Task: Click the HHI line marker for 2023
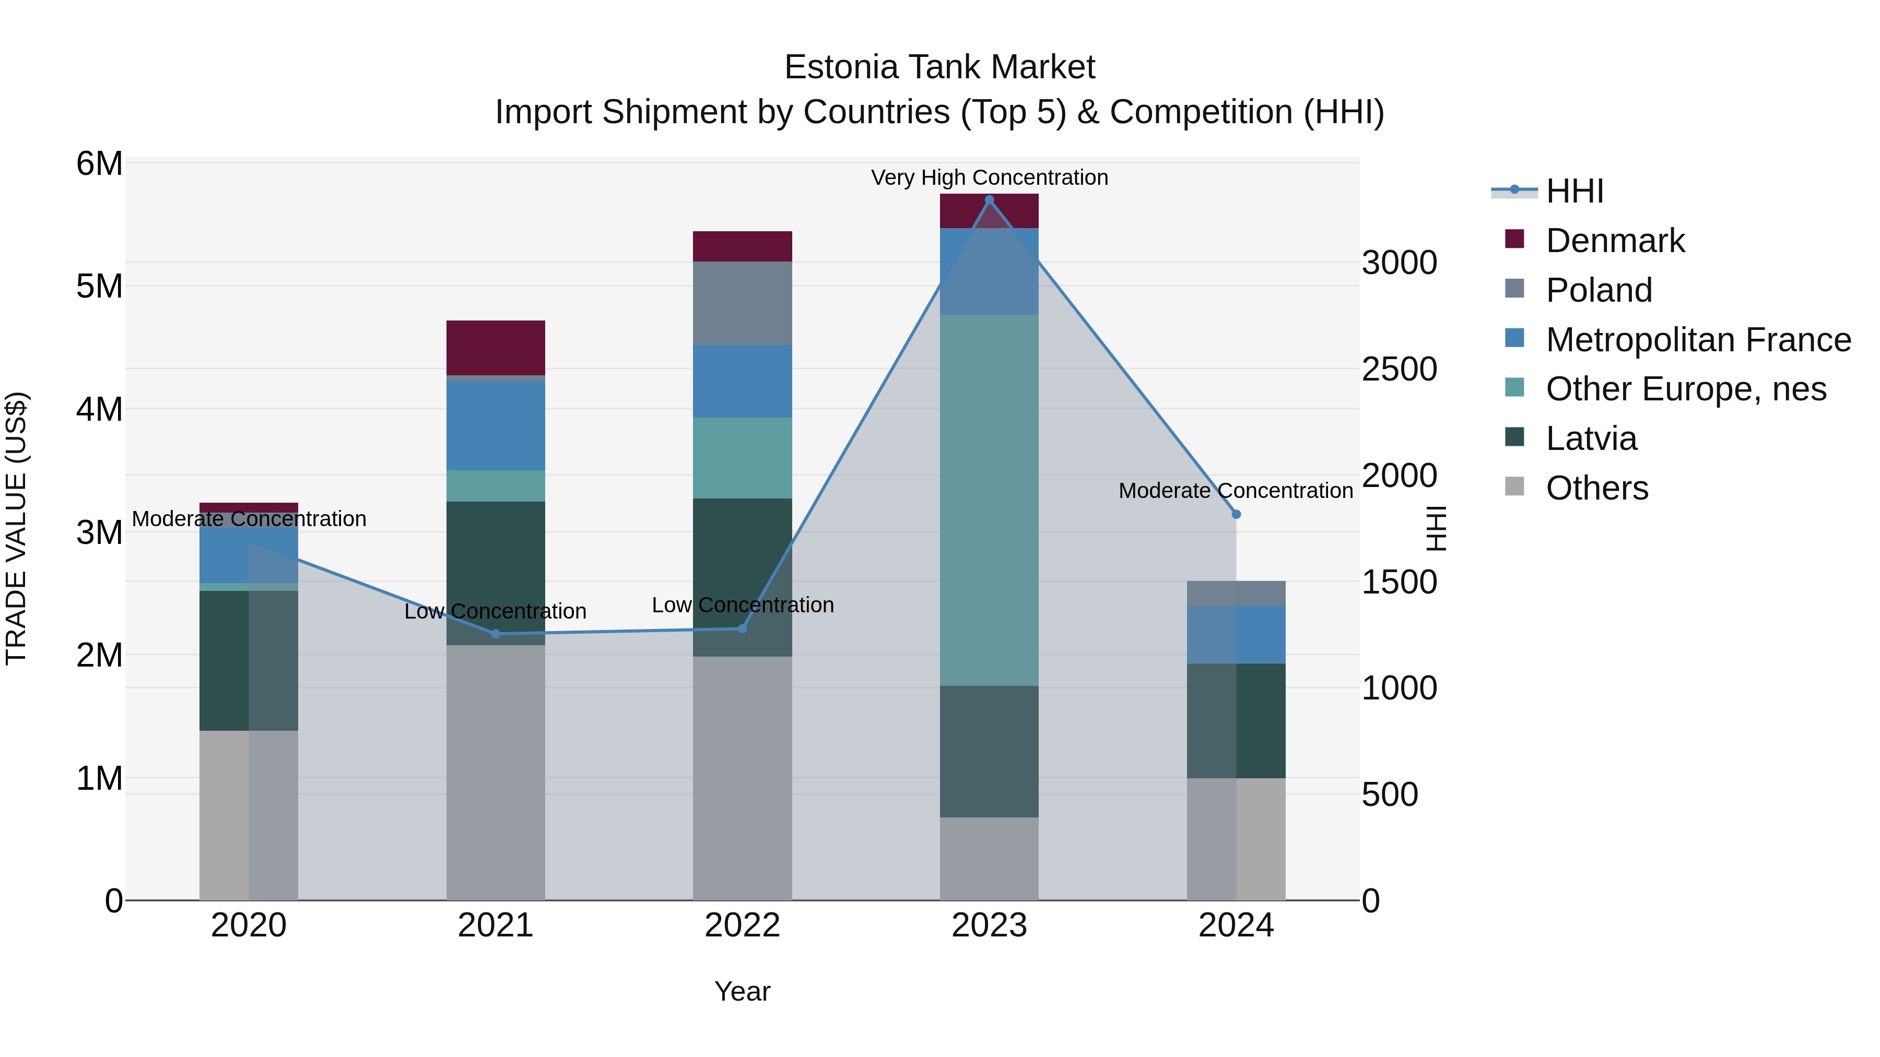tap(989, 200)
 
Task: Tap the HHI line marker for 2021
tap(496, 634)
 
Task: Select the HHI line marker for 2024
tap(1236, 514)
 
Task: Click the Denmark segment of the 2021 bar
tap(496, 348)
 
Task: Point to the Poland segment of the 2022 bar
tap(742, 303)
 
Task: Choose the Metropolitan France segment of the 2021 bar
tap(496, 425)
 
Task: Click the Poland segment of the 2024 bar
tap(1236, 593)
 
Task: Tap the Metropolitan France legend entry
tap(1698, 340)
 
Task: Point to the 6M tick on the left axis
tap(99, 163)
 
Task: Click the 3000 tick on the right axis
tap(1399, 263)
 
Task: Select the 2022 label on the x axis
tap(742, 925)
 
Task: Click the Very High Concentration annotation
tap(989, 177)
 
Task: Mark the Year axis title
tap(742, 991)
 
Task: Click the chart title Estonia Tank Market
tap(939, 67)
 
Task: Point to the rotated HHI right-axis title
tap(1436, 528)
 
